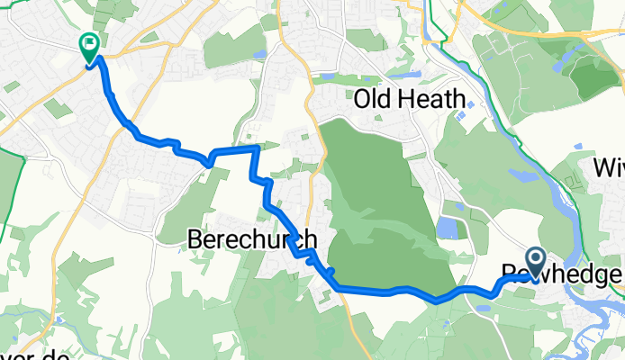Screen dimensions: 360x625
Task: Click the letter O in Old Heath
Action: [365, 98]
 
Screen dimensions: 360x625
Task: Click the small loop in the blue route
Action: [210, 161]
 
